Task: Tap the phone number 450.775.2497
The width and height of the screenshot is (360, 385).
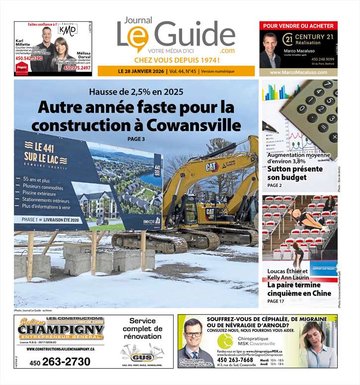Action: click(77, 68)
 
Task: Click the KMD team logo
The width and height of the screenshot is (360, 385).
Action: click(68, 30)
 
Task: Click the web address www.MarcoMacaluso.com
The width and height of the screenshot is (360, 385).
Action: click(298, 72)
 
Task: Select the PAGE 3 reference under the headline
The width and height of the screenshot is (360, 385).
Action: click(136, 139)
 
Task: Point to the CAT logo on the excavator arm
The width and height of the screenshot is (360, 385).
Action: click(212, 167)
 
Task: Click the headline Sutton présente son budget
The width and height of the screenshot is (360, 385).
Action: click(294, 173)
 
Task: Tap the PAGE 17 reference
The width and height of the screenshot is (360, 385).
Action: click(276, 301)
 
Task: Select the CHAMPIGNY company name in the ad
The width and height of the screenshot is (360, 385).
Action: click(61, 330)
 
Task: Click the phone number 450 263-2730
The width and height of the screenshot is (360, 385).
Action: click(60, 362)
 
